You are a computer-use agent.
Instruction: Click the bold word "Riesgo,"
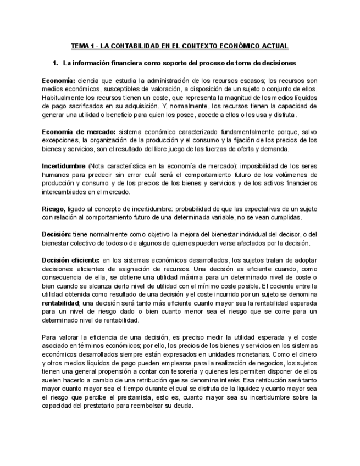[x=54, y=209]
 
